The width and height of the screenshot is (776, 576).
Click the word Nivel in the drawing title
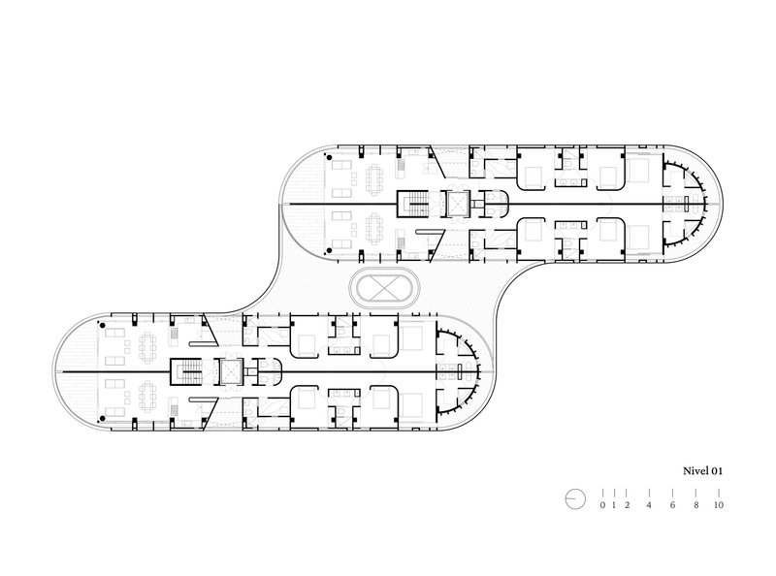pos(695,470)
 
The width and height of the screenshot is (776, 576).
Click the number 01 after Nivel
pos(717,470)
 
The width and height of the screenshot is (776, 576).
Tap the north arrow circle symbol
pos(575,498)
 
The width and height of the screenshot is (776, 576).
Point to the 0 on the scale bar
pos(602,505)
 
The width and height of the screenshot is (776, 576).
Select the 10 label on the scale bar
pos(719,505)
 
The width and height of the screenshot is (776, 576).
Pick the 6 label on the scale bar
pos(672,505)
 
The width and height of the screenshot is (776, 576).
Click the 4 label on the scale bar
pos(649,505)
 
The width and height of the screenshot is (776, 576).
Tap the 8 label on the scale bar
pos(695,505)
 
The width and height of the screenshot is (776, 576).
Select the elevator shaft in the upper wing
pos(457,204)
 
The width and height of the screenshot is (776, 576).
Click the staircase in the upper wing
pos(414,204)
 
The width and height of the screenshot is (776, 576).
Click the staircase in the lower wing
pos(186,371)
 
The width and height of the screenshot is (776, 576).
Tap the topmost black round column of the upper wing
pos(329,158)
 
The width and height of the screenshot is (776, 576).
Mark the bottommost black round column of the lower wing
pos(103,419)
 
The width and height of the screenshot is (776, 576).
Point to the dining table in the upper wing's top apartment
pos(374,179)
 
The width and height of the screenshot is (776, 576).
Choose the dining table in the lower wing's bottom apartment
pos(147,396)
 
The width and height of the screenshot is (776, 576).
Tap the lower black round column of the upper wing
pos(329,250)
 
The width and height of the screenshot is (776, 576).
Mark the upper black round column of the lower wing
pos(103,326)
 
